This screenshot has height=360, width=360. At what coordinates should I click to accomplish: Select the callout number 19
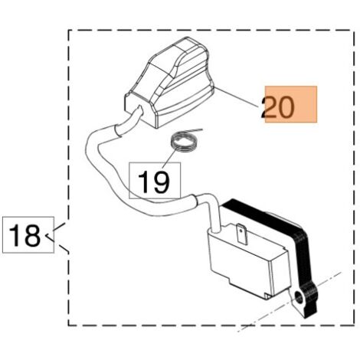click(x=154, y=182)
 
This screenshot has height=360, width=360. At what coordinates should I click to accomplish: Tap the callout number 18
click(x=25, y=235)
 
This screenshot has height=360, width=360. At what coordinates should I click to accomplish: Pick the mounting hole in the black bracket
click(x=298, y=297)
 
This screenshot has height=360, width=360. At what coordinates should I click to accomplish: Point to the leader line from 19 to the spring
click(x=169, y=159)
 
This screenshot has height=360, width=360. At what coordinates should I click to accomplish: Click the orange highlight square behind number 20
click(x=291, y=104)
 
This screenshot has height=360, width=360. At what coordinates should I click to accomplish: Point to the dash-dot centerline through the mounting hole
click(x=289, y=302)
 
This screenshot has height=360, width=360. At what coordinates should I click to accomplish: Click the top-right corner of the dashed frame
click(x=354, y=30)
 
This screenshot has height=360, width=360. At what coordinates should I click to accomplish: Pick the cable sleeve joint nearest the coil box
click(x=195, y=201)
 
